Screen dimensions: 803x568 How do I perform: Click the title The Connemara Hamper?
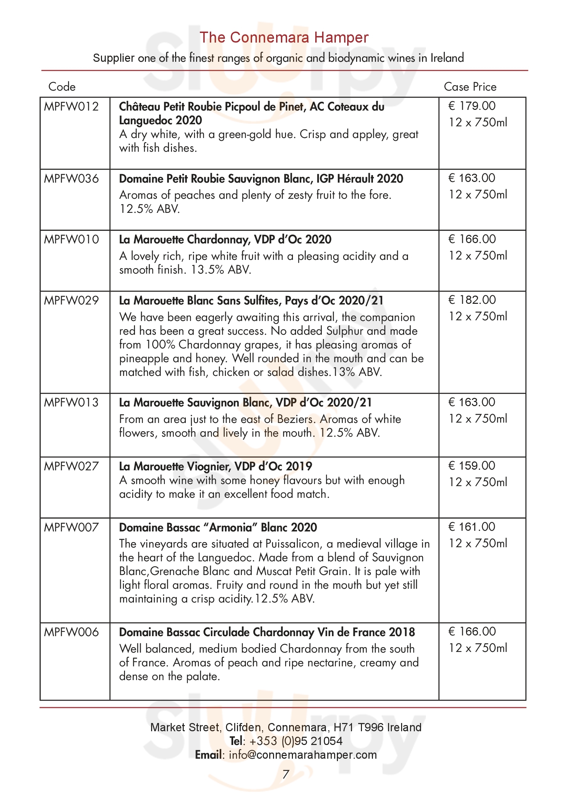(x=284, y=37)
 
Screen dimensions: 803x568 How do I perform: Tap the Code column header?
(x=62, y=87)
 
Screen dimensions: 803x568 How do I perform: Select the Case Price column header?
(x=470, y=87)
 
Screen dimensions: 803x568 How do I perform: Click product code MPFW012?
(x=71, y=106)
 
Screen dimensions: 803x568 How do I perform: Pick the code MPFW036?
(x=71, y=179)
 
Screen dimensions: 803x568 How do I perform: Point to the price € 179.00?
(x=472, y=106)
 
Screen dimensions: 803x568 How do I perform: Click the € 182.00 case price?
(x=472, y=300)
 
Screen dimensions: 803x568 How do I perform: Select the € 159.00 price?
(x=472, y=466)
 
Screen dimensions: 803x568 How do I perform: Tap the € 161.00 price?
(x=472, y=526)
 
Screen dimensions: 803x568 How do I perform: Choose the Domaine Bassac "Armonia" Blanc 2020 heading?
(x=218, y=527)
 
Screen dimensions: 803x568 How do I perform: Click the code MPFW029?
(x=71, y=300)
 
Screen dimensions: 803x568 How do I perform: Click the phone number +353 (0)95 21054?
(x=296, y=741)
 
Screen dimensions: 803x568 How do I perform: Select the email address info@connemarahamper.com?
(x=303, y=754)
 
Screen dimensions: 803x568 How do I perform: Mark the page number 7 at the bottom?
(x=285, y=774)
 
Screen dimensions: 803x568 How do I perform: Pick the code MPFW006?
(x=71, y=632)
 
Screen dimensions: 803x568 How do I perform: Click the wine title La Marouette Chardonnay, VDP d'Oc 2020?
(x=225, y=240)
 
